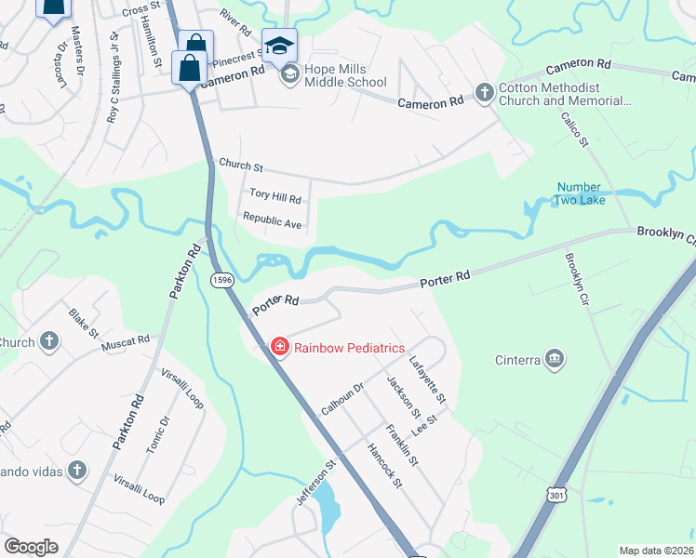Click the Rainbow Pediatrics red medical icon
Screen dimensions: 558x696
(278, 347)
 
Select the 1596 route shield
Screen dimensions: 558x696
(221, 281)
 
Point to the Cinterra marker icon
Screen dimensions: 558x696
(555, 359)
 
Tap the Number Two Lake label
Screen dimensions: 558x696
(578, 193)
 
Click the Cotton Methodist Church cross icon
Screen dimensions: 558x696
(484, 92)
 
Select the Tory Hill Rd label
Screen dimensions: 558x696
(275, 197)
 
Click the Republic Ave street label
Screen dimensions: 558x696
(272, 222)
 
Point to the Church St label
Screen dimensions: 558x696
(241, 166)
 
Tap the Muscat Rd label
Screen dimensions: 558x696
(126, 341)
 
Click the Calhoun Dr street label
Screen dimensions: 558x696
(341, 399)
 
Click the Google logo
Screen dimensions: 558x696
(31, 547)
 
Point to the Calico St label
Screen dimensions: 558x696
(574, 129)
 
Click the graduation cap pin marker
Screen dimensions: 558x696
(279, 45)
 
